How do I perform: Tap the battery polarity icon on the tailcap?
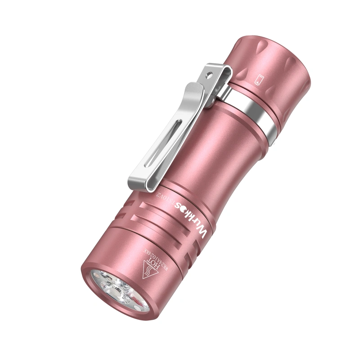point(258,81)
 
